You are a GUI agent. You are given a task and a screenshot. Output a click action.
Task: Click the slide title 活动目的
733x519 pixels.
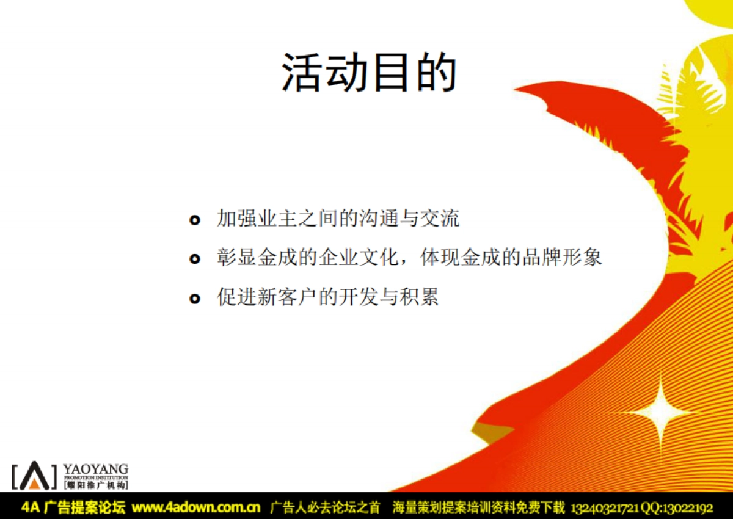coord(369,73)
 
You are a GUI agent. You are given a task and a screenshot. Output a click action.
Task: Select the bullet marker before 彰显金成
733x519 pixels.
coord(194,259)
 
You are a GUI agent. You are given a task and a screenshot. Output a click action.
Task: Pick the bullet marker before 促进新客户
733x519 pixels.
coord(194,298)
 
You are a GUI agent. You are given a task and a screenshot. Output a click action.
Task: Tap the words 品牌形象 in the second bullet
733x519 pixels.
coord(561,258)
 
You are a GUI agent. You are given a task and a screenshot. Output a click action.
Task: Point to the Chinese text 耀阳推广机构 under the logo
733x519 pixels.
coord(96,485)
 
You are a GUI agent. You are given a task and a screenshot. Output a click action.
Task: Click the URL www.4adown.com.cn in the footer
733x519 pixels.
coord(196,507)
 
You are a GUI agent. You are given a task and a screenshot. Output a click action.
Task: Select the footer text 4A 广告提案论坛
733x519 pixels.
coord(73,507)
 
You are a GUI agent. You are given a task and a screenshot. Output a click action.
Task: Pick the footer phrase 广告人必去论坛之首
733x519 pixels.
coord(325,507)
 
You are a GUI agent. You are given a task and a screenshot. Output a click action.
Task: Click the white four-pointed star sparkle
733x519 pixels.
coord(660,412)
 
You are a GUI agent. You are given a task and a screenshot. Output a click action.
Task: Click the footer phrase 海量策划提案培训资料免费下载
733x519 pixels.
coord(479,507)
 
